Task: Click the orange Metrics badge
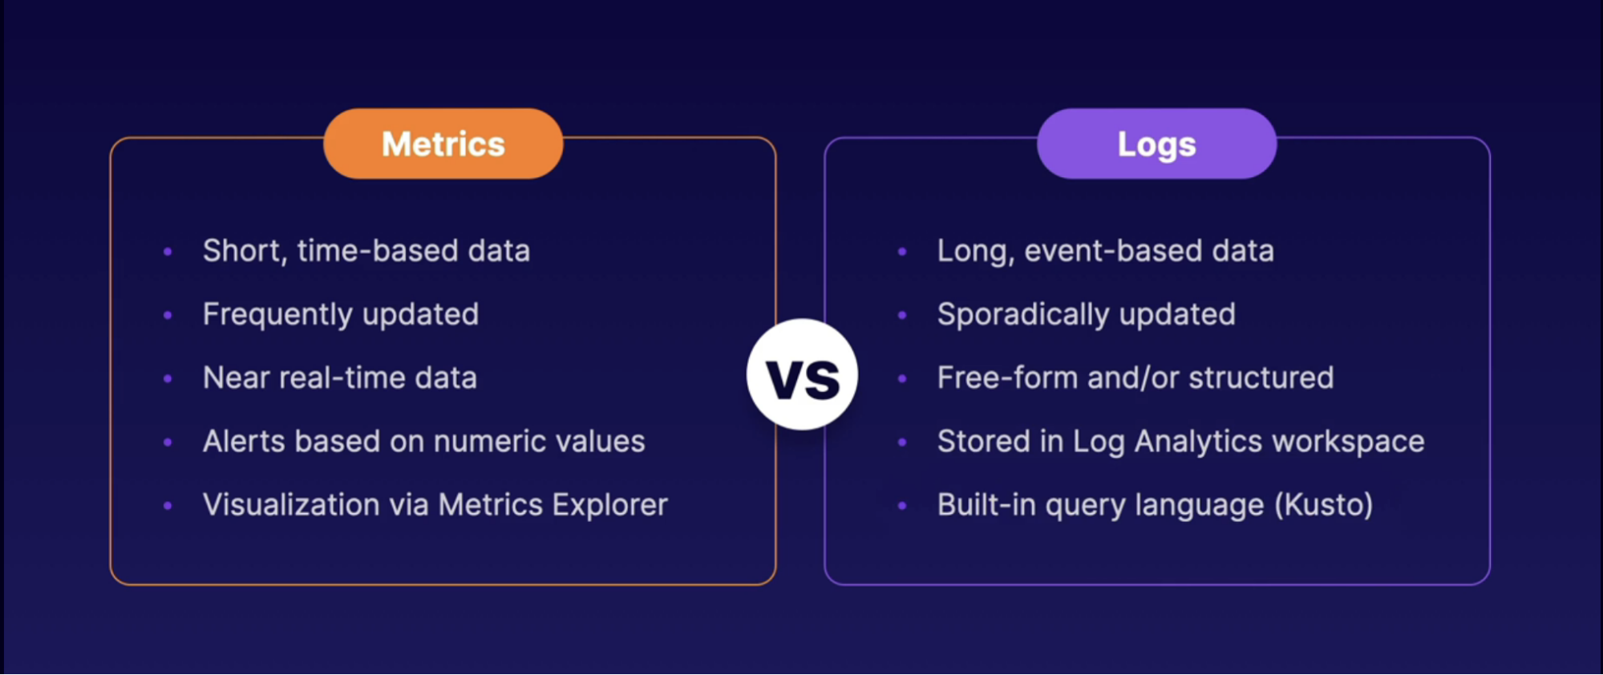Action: pyautogui.click(x=443, y=143)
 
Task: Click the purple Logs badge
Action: pyautogui.click(x=1156, y=143)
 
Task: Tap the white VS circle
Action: pyautogui.click(x=802, y=374)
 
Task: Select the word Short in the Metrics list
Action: pyautogui.click(x=244, y=252)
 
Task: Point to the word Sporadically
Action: pyautogui.click(x=1023, y=315)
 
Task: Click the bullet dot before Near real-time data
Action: pyautogui.click(x=168, y=378)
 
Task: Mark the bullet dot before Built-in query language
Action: pyautogui.click(x=902, y=506)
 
